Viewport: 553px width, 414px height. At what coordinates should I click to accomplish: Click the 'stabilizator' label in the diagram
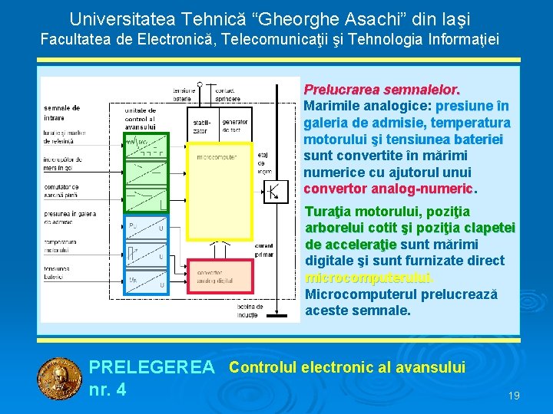200,125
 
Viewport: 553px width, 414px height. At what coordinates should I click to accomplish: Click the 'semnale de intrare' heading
61,113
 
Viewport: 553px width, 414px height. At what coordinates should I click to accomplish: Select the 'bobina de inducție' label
250,310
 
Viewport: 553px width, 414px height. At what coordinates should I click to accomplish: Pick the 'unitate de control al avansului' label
140,118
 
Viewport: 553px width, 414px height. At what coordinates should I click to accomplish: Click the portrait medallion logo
60,379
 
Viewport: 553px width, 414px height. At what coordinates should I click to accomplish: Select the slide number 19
514,396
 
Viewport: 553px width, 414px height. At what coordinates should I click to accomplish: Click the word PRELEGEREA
152,368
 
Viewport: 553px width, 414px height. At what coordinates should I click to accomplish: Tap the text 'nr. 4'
108,389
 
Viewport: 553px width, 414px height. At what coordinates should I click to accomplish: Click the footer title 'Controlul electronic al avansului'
347,367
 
